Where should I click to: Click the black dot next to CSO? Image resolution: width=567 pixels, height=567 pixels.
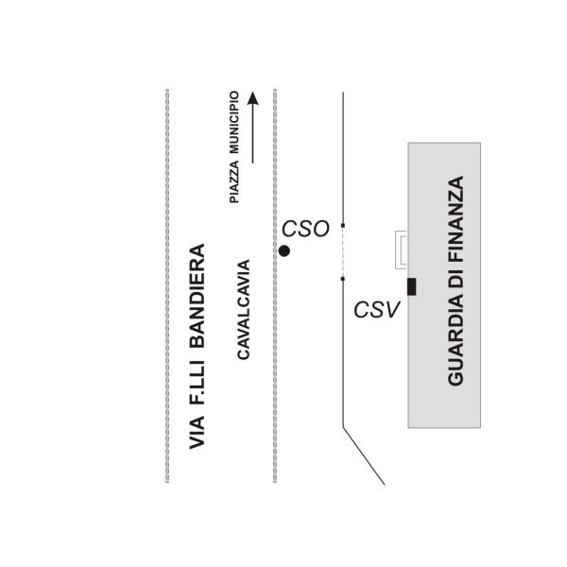(283, 250)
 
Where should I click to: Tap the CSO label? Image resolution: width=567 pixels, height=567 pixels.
(305, 229)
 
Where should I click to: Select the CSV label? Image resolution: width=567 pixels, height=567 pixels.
(378, 308)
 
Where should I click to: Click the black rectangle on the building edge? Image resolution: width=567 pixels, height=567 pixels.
(411, 286)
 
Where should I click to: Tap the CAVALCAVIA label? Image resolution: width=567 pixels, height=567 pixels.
(243, 309)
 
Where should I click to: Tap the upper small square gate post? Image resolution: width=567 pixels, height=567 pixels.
(342, 225)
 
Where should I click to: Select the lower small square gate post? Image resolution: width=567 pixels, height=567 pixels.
(342, 279)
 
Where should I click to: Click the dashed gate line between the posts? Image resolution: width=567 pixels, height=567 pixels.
(342, 252)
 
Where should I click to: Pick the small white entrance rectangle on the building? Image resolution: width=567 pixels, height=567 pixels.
(402, 249)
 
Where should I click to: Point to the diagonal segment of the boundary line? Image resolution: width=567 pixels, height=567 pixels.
(364, 455)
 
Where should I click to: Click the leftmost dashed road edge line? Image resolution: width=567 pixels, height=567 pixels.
(167, 283)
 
